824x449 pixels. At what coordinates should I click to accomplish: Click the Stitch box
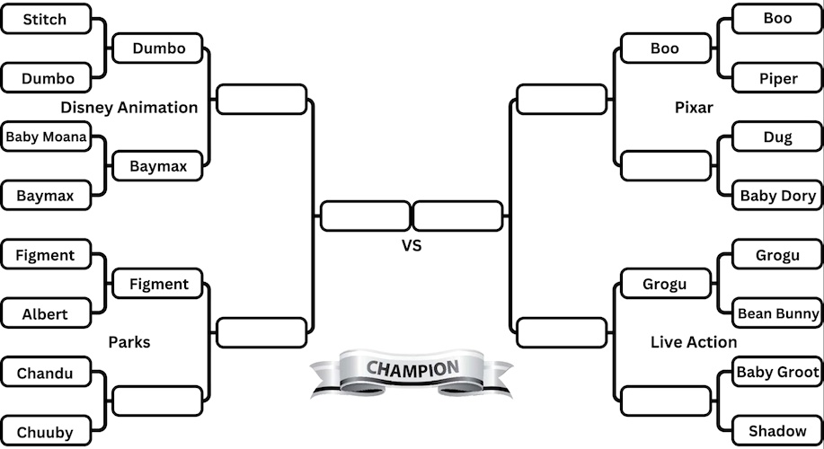point(46,19)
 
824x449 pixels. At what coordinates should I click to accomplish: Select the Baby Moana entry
point(46,137)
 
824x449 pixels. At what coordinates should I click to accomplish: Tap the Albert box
point(46,314)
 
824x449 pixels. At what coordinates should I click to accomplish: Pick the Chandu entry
point(46,373)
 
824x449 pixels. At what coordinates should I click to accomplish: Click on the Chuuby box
point(46,432)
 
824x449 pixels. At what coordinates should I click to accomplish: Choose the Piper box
point(778,78)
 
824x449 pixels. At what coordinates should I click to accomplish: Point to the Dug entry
point(778,137)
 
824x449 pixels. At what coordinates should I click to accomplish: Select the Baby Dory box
point(778,196)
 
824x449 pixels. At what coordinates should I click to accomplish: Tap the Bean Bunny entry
point(778,313)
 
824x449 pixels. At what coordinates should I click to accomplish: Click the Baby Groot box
point(778,372)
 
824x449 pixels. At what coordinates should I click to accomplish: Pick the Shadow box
point(778,432)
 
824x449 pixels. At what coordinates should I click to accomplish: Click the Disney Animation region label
point(129,108)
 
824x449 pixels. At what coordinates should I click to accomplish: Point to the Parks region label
point(129,342)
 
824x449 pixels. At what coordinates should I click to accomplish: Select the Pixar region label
point(694,108)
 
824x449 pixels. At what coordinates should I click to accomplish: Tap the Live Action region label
point(694,342)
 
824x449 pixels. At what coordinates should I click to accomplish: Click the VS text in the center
point(412,244)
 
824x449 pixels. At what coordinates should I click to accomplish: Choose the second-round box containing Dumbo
point(158,48)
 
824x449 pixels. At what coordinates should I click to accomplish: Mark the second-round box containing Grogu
point(665,285)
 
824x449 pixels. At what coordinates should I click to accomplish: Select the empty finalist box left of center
point(365,216)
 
